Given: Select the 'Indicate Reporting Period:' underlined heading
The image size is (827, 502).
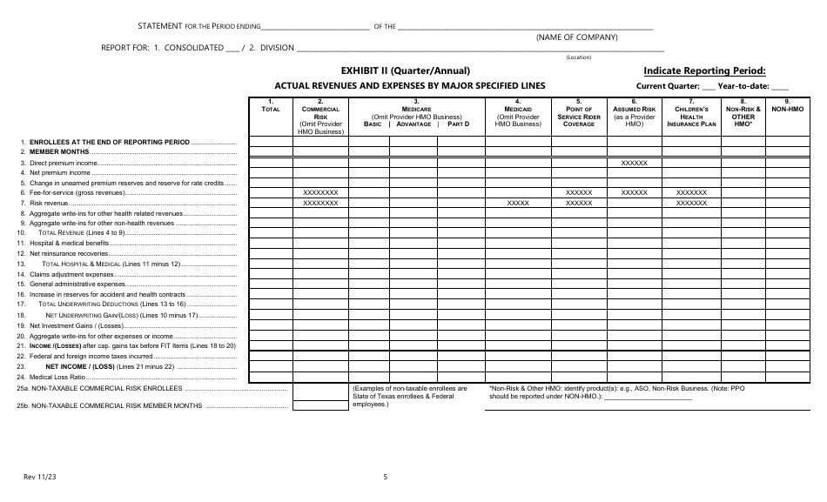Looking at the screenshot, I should [704, 70].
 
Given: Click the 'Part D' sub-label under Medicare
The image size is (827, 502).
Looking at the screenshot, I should [458, 124].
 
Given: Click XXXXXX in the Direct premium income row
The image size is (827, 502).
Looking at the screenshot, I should [634, 163].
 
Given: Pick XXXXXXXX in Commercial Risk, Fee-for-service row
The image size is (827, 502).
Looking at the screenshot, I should [319, 192].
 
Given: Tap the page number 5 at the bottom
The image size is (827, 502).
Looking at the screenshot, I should [385, 477].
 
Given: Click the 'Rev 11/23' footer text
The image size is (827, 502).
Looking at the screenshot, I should [37, 477].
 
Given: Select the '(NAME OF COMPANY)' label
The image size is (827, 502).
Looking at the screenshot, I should [576, 37].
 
